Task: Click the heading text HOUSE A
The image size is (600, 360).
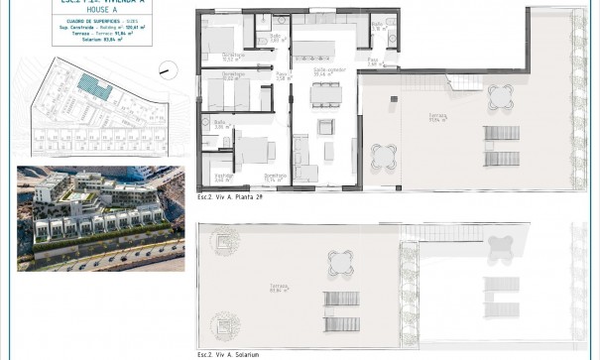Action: tap(95, 13)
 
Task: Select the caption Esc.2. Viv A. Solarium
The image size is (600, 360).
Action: tap(229, 353)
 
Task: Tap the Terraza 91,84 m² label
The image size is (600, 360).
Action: tap(436, 117)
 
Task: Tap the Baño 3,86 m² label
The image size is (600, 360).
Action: tap(219, 127)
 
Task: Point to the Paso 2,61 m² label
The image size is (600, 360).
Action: tap(373, 61)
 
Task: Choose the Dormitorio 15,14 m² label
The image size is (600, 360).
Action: tap(275, 179)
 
